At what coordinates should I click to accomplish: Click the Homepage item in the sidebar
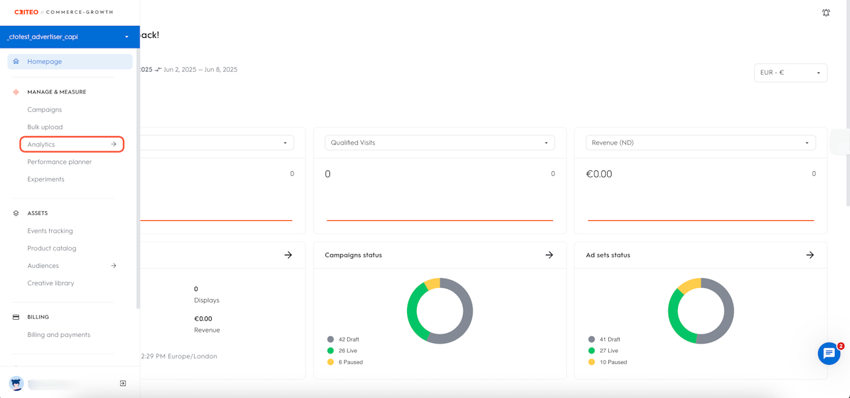point(44,62)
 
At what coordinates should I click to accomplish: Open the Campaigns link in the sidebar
point(44,109)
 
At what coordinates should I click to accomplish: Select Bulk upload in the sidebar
point(45,127)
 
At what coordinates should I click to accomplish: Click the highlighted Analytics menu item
point(72,145)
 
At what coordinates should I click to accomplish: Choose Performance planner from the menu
point(60,162)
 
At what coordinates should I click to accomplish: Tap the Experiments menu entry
point(46,179)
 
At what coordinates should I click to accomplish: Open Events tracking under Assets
point(50,231)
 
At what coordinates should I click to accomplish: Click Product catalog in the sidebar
point(52,248)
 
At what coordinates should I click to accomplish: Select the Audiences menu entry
point(43,265)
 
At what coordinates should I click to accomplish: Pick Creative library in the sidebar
point(50,283)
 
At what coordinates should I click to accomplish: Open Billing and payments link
point(58,335)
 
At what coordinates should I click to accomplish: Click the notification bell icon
point(826,13)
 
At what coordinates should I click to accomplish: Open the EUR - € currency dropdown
point(790,73)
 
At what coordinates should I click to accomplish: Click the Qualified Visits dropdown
point(439,143)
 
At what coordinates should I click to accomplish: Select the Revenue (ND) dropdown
point(700,143)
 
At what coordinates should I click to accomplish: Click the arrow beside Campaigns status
point(549,255)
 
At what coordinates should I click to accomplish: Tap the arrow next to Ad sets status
point(810,255)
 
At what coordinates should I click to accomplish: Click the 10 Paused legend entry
point(612,362)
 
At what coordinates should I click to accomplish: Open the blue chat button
point(829,354)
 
